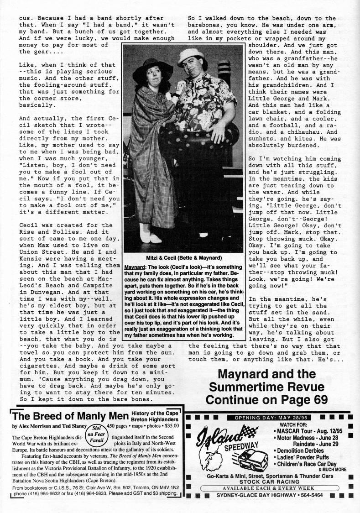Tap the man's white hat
pyautogui.click(x=190, y=56)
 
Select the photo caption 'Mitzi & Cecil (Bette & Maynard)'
pyautogui.click(x=184, y=256)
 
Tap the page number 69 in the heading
pyautogui.click(x=318, y=399)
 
